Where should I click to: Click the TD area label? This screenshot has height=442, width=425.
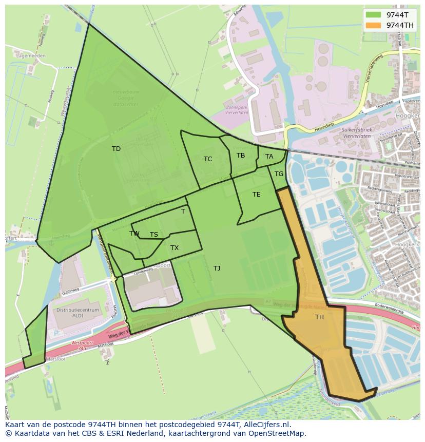(116, 149)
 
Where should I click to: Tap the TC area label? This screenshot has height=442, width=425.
(208, 159)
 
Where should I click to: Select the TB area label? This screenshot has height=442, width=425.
(241, 156)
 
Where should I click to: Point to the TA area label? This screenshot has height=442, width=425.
(269, 157)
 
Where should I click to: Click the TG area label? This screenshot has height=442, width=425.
(279, 174)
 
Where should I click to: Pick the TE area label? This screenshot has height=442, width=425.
(257, 195)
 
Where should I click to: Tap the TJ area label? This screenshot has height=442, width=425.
(217, 268)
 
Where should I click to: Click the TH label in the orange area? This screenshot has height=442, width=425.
(319, 317)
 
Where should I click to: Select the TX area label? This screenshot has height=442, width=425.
(175, 248)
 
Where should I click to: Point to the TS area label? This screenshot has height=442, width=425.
(154, 235)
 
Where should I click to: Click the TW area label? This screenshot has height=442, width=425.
(134, 234)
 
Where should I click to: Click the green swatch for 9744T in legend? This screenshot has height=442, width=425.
(373, 15)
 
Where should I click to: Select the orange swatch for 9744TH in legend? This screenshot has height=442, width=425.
(373, 25)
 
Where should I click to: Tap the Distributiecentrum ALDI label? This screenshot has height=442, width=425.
(78, 314)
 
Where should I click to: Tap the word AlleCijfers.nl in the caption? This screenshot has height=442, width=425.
(265, 425)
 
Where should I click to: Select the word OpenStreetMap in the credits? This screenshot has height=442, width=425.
(277, 433)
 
